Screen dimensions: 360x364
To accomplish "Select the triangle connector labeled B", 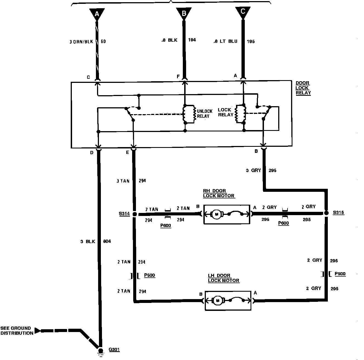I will pyautogui.click(x=184, y=13).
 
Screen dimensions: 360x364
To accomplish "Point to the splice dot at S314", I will pyautogui.click(x=134, y=214).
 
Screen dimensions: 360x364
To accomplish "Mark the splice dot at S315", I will pyautogui.click(x=326, y=213).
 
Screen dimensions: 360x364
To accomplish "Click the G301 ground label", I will pyautogui.click(x=114, y=350).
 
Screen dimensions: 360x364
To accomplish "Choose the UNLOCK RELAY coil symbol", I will pyautogui.click(x=186, y=114).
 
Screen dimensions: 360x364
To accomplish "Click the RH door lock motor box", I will pyautogui.click(x=227, y=214).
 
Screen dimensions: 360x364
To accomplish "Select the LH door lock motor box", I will pyautogui.click(x=228, y=301).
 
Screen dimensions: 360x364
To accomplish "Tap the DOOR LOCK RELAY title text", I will pyautogui.click(x=303, y=88).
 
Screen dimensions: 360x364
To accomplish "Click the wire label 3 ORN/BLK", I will pyautogui.click(x=81, y=42).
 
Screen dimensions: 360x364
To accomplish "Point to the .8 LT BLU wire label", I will pyautogui.click(x=225, y=41).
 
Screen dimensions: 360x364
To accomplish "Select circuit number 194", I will pyautogui.click(x=192, y=40).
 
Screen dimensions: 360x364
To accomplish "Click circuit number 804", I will pyautogui.click(x=107, y=241).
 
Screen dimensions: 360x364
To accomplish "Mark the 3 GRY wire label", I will pyautogui.click(x=253, y=170).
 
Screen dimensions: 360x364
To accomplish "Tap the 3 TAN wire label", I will pyautogui.click(x=123, y=181).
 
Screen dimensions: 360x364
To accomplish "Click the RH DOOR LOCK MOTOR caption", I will pyautogui.click(x=219, y=193).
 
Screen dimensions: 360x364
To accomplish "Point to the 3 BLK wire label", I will pyautogui.click(x=88, y=241).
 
